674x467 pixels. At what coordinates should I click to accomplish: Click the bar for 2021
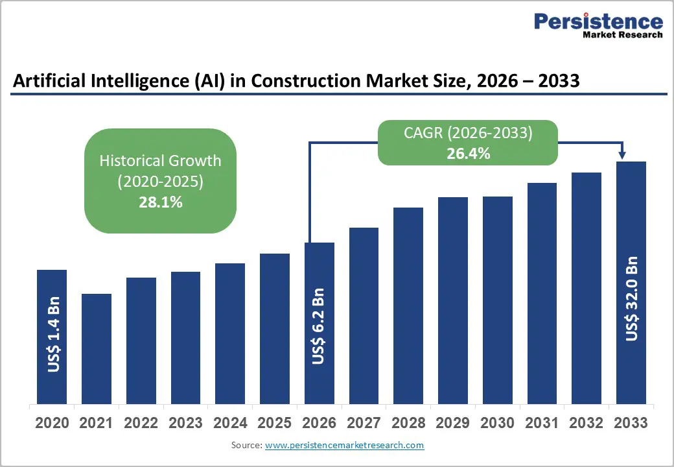[97, 348]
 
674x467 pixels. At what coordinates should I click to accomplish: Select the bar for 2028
[408, 305]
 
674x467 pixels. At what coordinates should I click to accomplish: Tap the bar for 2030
[497, 300]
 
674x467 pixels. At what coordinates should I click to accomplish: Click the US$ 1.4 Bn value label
[53, 335]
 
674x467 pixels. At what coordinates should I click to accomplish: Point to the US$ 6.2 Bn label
[318, 326]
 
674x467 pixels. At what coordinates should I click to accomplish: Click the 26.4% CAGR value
[468, 154]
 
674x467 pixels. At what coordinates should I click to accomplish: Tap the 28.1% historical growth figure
[160, 202]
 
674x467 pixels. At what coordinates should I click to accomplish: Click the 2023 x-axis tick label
[185, 423]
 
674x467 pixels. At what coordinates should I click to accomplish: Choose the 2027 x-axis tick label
[364, 423]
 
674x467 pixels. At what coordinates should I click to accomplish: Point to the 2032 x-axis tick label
[586, 423]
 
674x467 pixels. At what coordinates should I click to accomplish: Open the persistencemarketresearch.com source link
[344, 445]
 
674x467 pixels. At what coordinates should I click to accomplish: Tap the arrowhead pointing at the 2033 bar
[622, 155]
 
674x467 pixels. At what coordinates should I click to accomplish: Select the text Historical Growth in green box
[160, 160]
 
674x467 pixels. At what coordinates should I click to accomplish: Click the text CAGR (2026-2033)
[468, 133]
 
